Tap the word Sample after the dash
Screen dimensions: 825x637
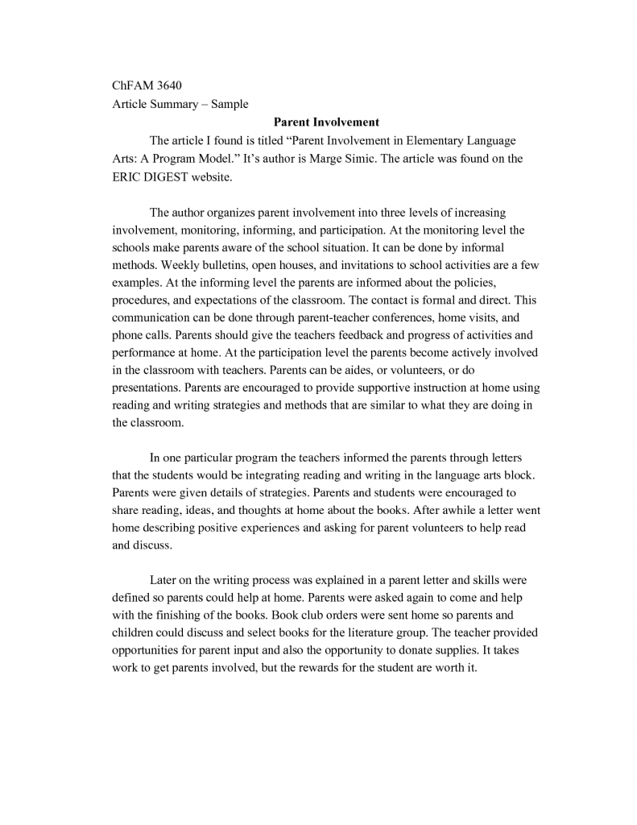230,104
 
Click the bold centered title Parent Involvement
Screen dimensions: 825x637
326,122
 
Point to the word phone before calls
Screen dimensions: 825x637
127,334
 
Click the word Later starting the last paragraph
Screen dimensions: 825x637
164,580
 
